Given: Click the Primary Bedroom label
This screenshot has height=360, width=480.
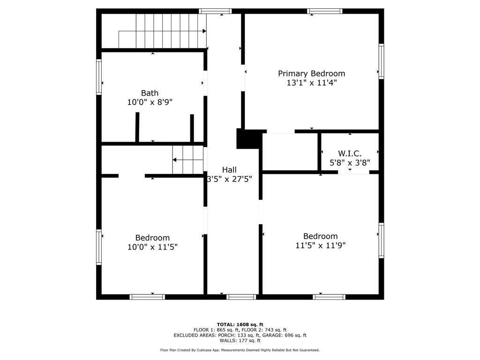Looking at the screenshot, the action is pyautogui.click(x=311, y=74).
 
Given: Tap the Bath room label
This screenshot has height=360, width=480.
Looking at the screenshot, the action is pyautogui.click(x=150, y=93).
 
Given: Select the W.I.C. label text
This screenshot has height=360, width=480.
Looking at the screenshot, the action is pyautogui.click(x=350, y=153).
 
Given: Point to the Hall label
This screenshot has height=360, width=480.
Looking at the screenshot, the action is pyautogui.click(x=229, y=170).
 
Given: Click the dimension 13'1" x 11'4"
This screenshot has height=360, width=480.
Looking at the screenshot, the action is pyautogui.click(x=312, y=82).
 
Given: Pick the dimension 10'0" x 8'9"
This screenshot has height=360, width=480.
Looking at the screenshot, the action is pyautogui.click(x=150, y=102).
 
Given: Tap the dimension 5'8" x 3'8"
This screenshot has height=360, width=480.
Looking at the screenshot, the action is pyautogui.click(x=350, y=163).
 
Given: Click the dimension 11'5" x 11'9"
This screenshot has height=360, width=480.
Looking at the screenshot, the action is pyautogui.click(x=321, y=245).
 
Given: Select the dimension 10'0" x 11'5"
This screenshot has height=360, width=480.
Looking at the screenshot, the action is pyautogui.click(x=152, y=247).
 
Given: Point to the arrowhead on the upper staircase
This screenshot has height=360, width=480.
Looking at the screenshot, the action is pyautogui.click(x=204, y=31).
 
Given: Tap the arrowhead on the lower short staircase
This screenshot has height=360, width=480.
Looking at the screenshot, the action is pyautogui.click(x=174, y=160).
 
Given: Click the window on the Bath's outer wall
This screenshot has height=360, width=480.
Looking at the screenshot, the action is pyautogui.click(x=99, y=77).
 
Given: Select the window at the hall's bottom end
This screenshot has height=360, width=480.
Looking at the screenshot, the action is pyautogui.click(x=241, y=297).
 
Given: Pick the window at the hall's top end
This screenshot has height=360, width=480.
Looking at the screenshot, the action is pyautogui.click(x=215, y=11).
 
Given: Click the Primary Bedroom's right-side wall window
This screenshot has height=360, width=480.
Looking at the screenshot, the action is pyautogui.click(x=381, y=61).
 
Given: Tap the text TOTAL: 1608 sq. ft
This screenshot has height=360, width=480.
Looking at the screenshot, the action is pyautogui.click(x=240, y=324).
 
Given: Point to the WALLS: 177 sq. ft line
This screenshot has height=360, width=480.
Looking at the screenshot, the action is pyautogui.click(x=240, y=340).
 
